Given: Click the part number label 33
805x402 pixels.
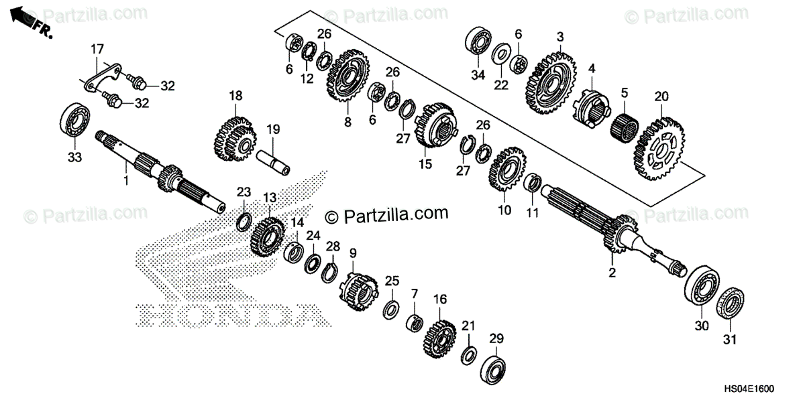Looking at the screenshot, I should pyautogui.click(x=73, y=158).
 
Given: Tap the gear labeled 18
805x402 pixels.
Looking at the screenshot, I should pyautogui.click(x=234, y=139).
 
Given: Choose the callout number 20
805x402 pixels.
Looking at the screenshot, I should pyautogui.click(x=661, y=96).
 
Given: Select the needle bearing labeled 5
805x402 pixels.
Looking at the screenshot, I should pyautogui.click(x=623, y=125).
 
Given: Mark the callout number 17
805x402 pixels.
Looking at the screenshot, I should pyautogui.click(x=97, y=48).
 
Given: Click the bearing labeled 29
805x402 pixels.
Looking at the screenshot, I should pyautogui.click(x=496, y=367).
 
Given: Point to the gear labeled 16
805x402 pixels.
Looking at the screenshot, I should pyautogui.click(x=439, y=338).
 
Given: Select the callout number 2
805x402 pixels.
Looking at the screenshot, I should pyautogui.click(x=611, y=273).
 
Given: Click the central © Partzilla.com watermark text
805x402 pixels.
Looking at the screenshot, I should pyautogui.click(x=387, y=214).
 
